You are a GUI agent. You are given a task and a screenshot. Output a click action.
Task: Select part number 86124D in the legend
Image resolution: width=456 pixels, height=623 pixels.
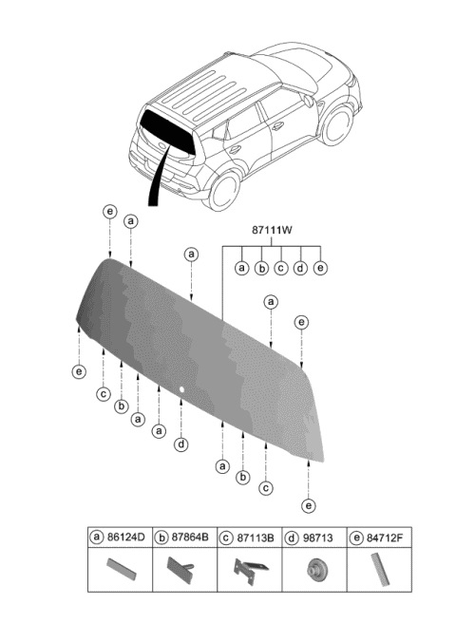pyautogui.click(x=129, y=538)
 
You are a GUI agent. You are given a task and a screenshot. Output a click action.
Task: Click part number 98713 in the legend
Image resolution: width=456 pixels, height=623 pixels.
pyautogui.click(x=319, y=538)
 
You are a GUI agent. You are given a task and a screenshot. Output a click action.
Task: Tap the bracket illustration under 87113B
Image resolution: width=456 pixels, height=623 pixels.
pyautogui.click(x=248, y=574)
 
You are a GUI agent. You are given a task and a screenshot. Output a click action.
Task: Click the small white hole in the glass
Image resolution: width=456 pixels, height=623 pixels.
pyautogui.click(x=181, y=389)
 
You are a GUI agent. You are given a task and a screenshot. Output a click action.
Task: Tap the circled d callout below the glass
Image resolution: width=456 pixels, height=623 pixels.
pyautogui.click(x=180, y=444)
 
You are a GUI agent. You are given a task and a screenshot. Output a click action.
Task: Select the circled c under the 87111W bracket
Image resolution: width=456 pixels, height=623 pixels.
pyautogui.click(x=280, y=268)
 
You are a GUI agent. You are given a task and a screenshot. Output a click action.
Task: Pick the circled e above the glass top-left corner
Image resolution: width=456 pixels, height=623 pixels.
pyautogui.click(x=109, y=211)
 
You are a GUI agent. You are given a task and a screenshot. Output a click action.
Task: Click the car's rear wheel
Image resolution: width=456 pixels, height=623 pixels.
pyautogui.click(x=223, y=189)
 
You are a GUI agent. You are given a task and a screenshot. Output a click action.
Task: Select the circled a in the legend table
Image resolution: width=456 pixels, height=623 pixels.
pyautogui.click(x=96, y=538)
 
